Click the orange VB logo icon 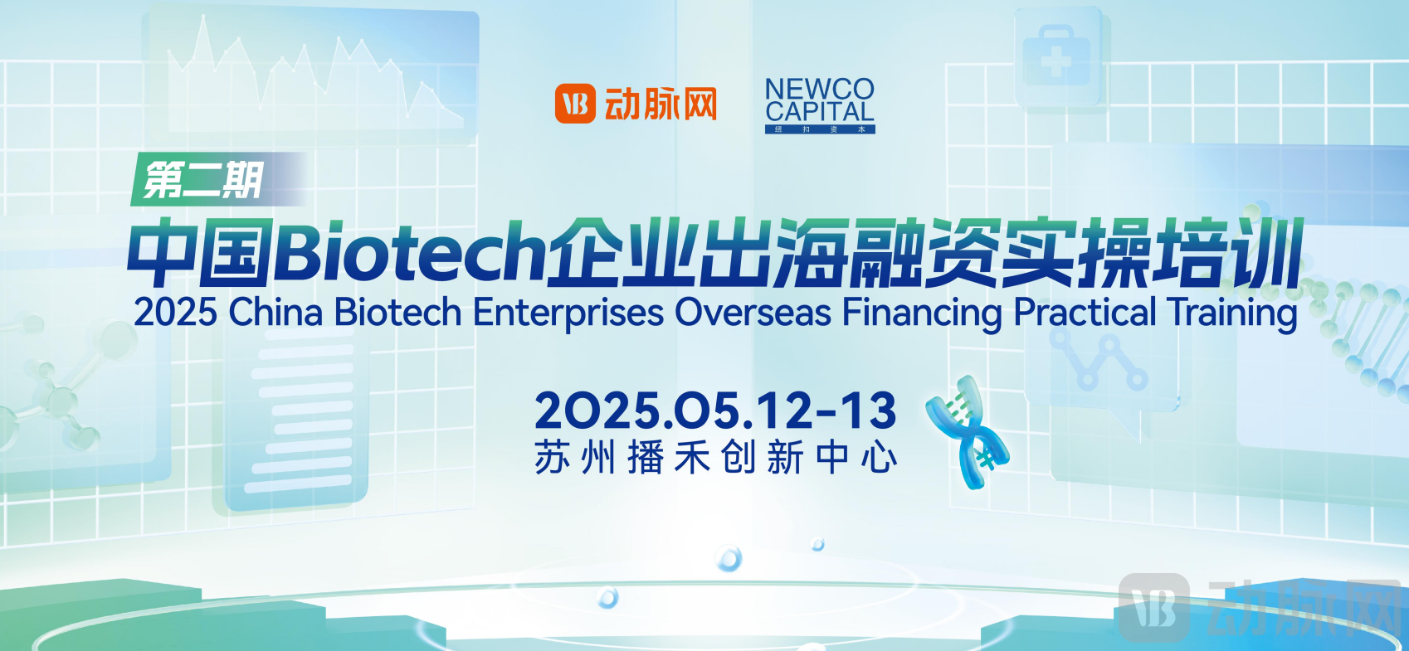(x=575, y=104)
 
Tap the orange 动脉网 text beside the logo (x=661, y=104)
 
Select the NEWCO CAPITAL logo (x=820, y=104)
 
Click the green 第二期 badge (x=204, y=179)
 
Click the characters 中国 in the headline (x=200, y=252)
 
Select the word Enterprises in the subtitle (x=568, y=313)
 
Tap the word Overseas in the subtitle (x=753, y=313)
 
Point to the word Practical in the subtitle (x=1085, y=313)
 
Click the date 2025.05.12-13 (x=715, y=411)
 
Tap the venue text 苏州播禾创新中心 (x=715, y=458)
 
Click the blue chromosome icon (x=967, y=431)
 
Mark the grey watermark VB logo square (x=1153, y=608)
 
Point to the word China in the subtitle (x=275, y=313)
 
